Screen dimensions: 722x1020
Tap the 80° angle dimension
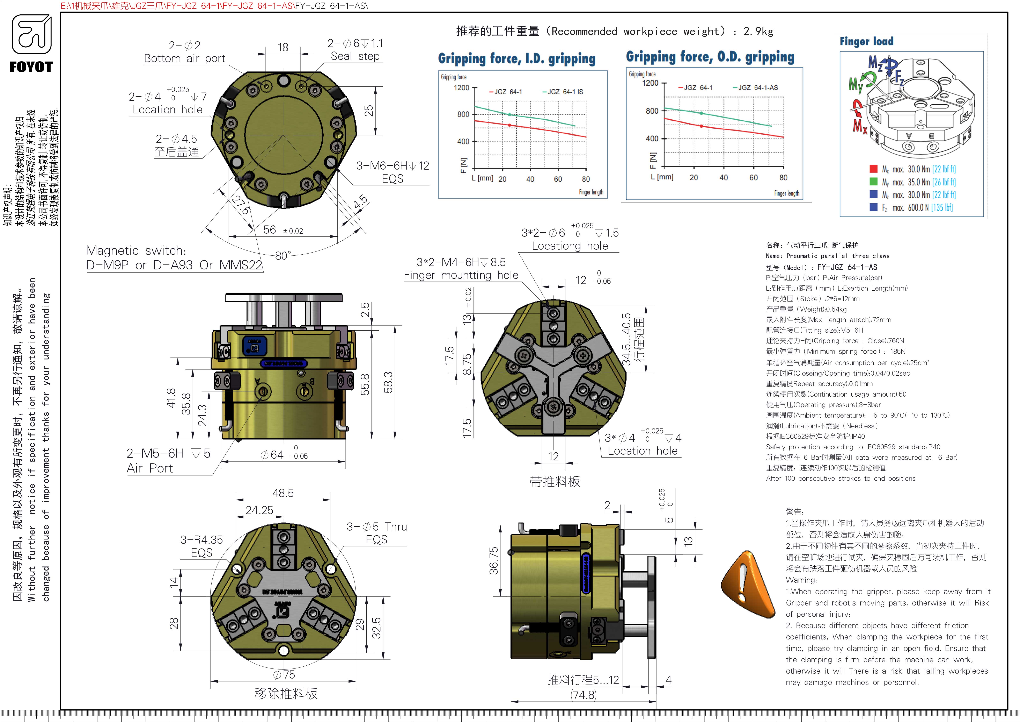[283, 256]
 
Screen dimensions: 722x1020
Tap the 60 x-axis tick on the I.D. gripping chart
[558, 179]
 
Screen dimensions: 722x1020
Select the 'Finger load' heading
[866, 41]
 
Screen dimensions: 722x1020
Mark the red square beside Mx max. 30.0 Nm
[873, 169]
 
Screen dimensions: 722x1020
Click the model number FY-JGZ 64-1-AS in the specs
[847, 267]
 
